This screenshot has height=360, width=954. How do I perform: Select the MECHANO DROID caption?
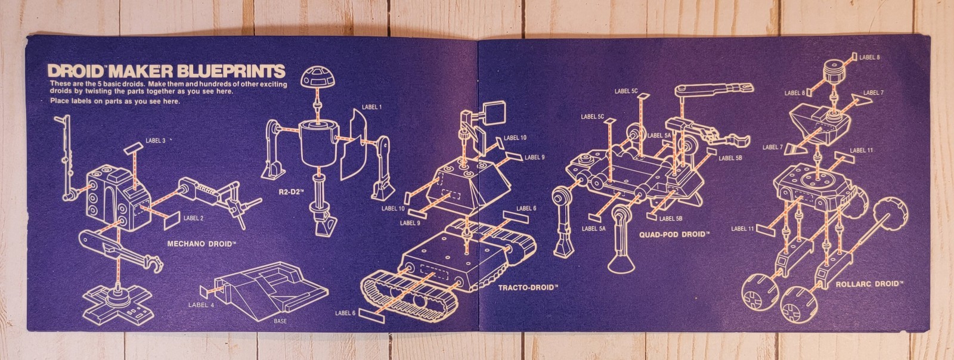[202, 244]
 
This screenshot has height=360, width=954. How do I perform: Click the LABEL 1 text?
[371, 107]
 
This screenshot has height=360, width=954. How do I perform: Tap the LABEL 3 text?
[156, 141]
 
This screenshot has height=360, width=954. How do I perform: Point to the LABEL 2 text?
[194, 218]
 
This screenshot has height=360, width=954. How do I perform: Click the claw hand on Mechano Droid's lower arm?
[154, 262]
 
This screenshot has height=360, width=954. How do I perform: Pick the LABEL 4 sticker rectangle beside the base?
[206, 290]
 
